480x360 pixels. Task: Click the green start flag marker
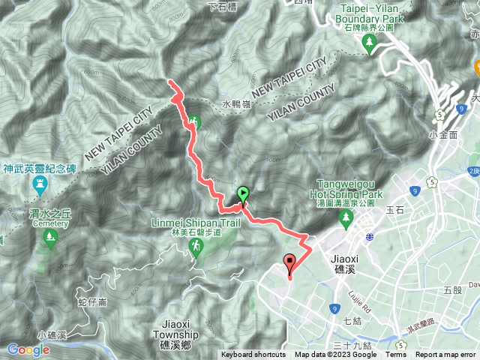click(243, 195)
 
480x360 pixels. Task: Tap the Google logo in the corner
click(28, 349)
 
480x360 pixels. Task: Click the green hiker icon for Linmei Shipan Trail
click(196, 246)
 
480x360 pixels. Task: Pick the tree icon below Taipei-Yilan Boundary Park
click(369, 45)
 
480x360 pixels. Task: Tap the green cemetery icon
click(50, 239)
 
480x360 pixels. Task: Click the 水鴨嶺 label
click(236, 105)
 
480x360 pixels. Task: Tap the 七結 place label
click(352, 322)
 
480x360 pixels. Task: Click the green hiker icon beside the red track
click(193, 121)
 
